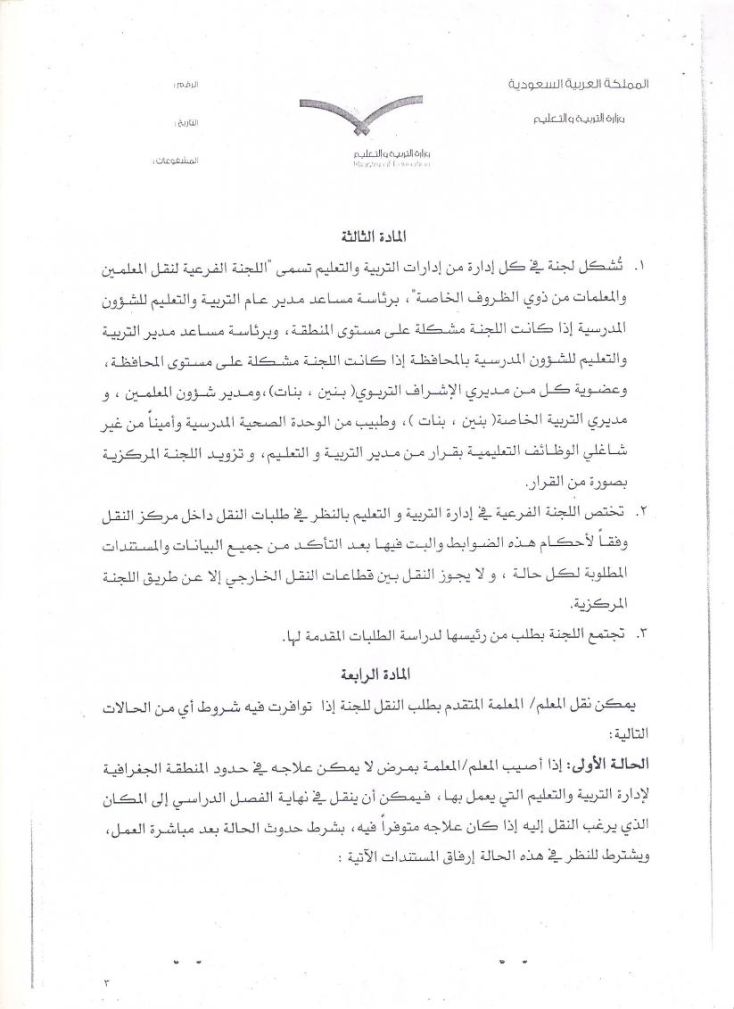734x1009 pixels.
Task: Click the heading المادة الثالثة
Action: [367, 237]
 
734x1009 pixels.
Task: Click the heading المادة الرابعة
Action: [367, 667]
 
